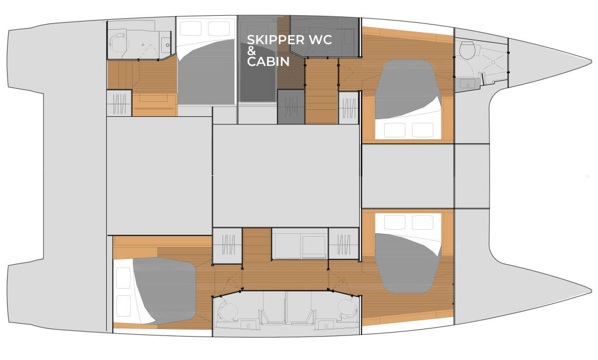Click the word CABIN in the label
(x=268, y=61)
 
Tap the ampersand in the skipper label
(x=252, y=51)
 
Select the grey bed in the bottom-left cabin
(x=165, y=290)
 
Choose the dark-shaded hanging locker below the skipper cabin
(x=290, y=106)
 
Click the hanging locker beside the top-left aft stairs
(x=119, y=103)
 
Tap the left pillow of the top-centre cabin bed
(x=191, y=28)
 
